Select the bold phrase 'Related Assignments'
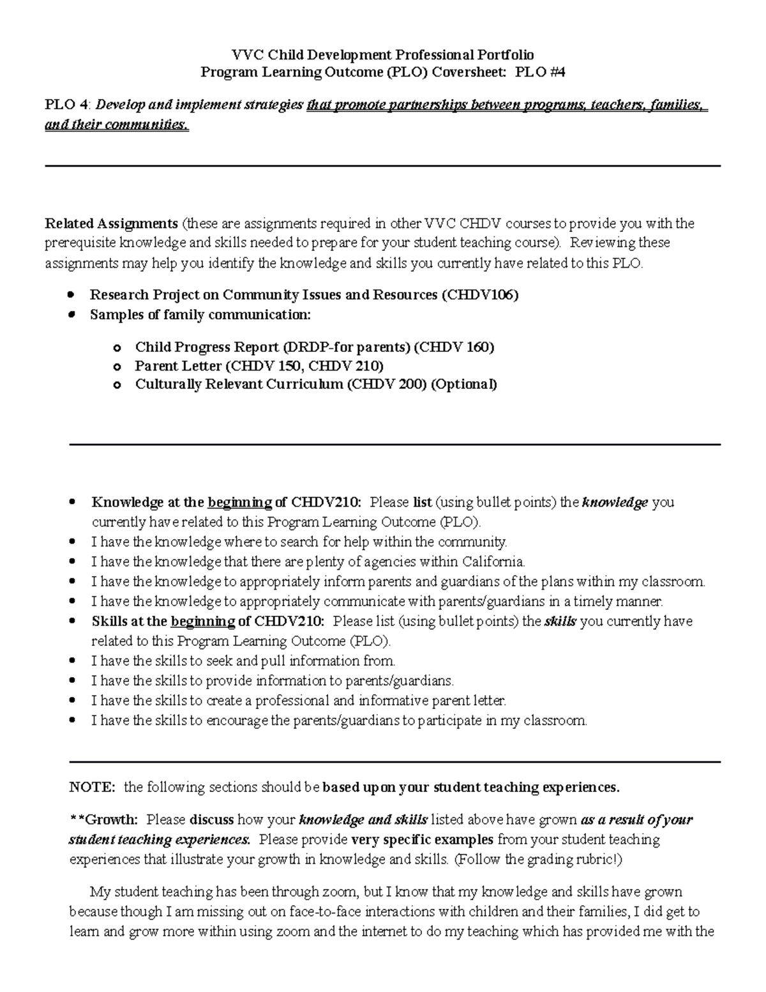point(111,224)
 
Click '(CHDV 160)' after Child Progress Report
point(454,347)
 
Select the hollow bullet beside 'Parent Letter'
point(116,367)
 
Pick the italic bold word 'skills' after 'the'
point(560,622)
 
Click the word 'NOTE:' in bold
point(93,788)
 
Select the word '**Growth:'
point(103,820)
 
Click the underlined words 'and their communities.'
point(117,125)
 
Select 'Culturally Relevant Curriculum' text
point(239,385)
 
